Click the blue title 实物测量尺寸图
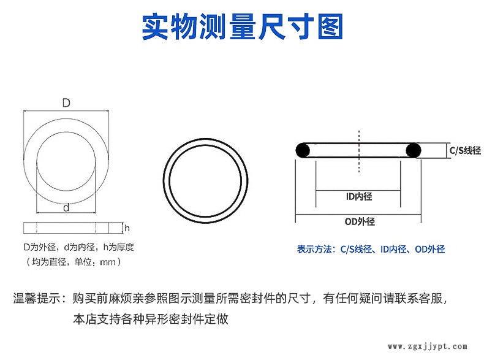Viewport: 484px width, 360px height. (x=243, y=26)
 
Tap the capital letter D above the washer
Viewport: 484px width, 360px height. (x=66, y=102)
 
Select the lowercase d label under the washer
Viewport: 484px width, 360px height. (x=66, y=208)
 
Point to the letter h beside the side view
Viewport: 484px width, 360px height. (x=127, y=228)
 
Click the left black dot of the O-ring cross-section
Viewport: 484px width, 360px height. (x=303, y=150)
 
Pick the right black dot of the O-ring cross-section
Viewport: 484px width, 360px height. (x=414, y=150)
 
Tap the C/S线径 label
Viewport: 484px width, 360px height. (x=465, y=150)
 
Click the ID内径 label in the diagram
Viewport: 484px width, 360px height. (x=359, y=196)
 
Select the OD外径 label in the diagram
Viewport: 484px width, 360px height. (x=360, y=221)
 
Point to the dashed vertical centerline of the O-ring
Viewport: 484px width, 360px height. (x=358, y=151)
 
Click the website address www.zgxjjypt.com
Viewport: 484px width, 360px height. (x=428, y=347)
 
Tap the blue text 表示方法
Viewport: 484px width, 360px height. (x=314, y=249)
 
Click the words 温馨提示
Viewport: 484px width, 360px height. (x=37, y=298)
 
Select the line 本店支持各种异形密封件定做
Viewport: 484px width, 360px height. (x=151, y=319)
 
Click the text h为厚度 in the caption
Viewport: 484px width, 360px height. (x=118, y=247)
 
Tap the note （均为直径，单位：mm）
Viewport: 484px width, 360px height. (x=73, y=262)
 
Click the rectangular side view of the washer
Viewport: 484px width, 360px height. (x=66, y=228)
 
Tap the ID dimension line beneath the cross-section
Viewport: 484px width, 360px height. (x=358, y=190)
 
